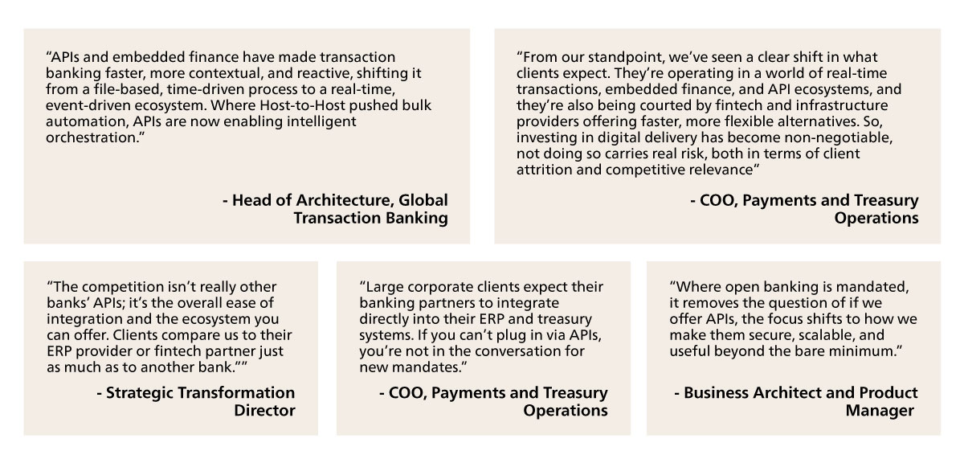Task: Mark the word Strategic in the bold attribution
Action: point(139,393)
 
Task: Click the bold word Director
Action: point(264,410)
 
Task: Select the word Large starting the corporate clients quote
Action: point(382,287)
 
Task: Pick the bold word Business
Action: point(716,393)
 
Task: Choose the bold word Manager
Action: point(879,410)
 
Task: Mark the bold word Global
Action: point(423,200)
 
